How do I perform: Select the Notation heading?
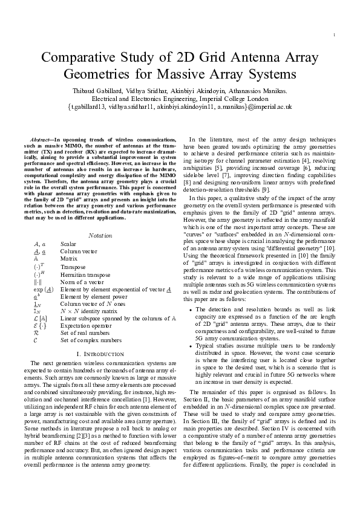(100, 235)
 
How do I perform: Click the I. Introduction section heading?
(100, 352)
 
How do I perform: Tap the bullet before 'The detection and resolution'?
(191, 309)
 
